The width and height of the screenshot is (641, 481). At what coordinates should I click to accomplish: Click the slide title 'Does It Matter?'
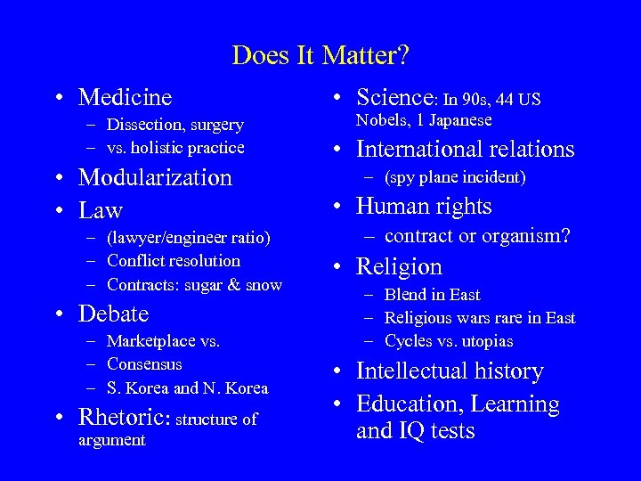[320, 55]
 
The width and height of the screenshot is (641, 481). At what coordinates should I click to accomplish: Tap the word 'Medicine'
[126, 95]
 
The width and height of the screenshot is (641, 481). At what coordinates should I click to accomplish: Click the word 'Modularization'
[155, 177]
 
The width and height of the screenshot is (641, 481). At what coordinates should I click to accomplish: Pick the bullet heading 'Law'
[101, 210]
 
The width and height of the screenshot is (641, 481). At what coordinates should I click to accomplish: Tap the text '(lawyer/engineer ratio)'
[188, 240]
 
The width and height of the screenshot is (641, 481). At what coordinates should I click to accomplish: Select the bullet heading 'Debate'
[114, 315]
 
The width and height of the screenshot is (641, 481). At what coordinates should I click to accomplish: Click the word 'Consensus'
[144, 364]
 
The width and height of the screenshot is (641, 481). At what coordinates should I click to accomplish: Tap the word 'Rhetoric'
[126, 418]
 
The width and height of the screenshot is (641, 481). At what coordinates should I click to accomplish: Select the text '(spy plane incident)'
[454, 176]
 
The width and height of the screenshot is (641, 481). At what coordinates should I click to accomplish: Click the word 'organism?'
[530, 236]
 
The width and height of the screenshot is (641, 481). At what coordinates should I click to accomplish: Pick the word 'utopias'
[486, 341]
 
